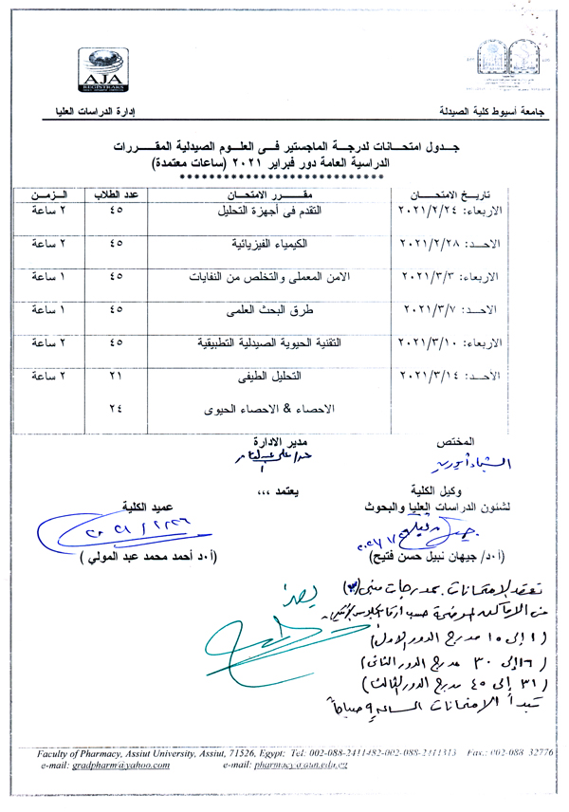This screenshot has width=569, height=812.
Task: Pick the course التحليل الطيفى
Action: [x=272, y=376]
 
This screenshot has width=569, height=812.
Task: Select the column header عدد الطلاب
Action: [x=116, y=194]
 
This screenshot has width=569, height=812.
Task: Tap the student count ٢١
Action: [x=117, y=377]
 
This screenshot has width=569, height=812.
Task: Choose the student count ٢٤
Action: [x=117, y=409]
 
